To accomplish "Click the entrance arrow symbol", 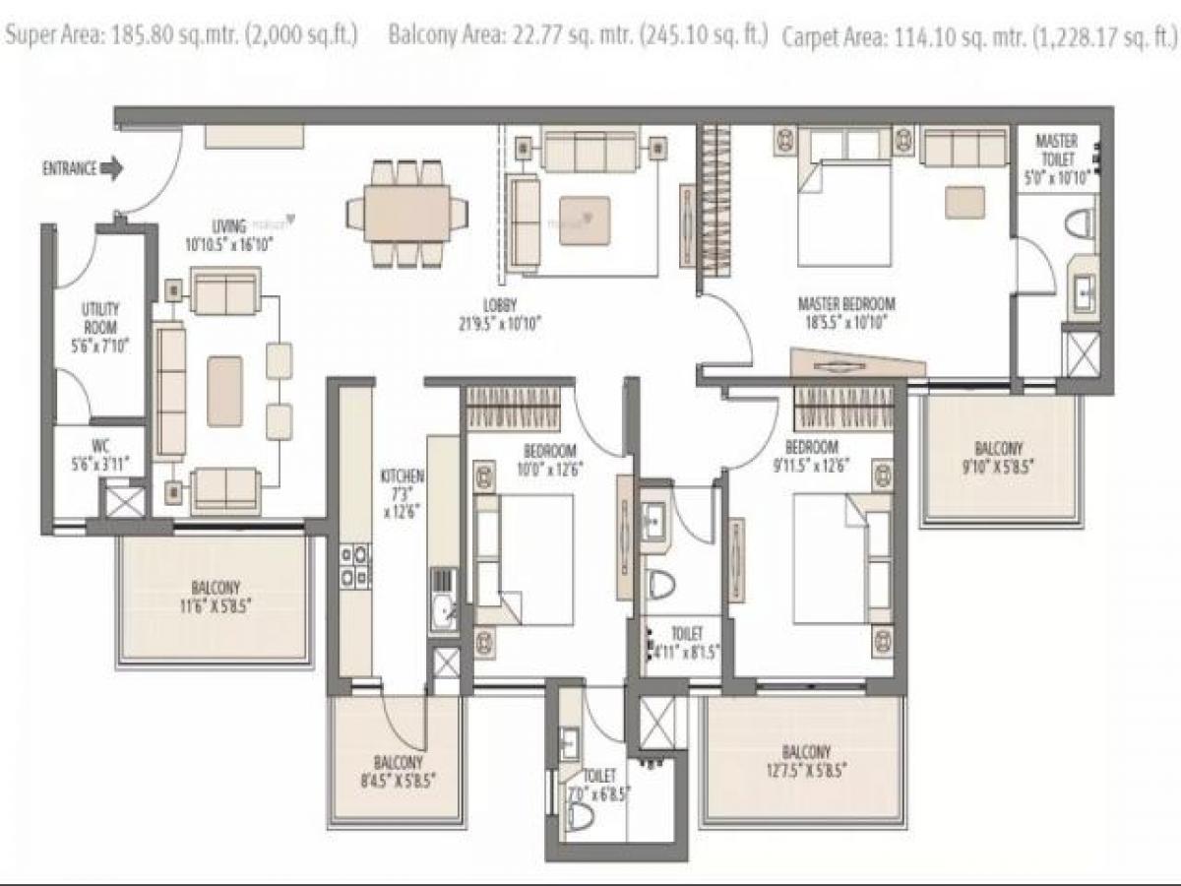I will click(112, 169).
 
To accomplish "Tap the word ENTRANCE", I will click(69, 169).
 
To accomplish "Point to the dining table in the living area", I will click(406, 214).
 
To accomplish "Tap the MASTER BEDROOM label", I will click(845, 312).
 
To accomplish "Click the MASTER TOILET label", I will click(1056, 158).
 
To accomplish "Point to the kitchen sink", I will click(442, 610).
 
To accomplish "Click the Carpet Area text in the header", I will click(978, 37).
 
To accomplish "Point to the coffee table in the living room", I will click(224, 391).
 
